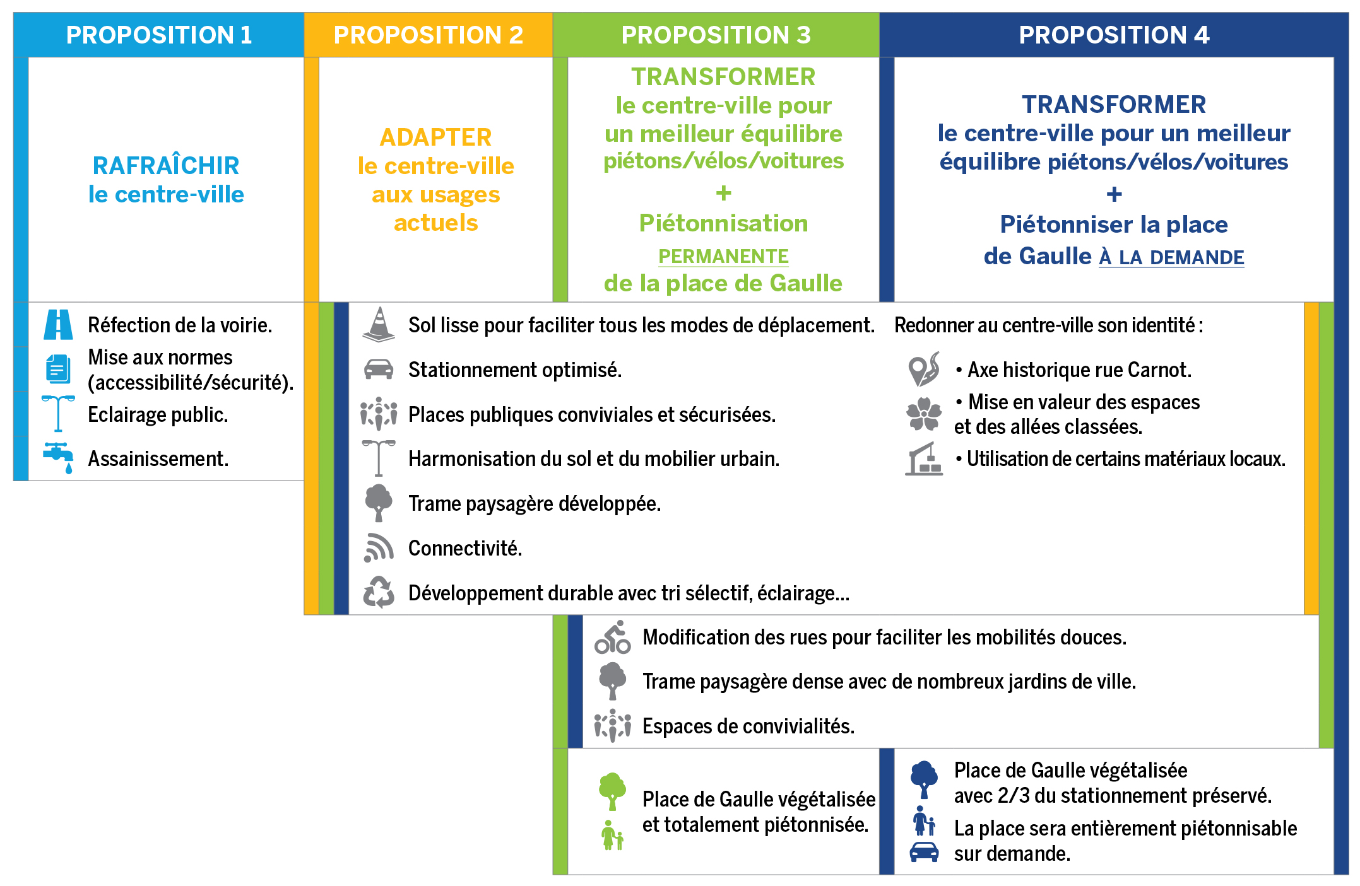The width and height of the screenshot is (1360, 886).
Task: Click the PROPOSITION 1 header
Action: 159,35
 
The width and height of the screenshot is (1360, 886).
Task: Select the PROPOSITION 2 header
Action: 429,35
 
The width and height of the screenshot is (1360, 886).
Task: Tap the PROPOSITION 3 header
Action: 716,35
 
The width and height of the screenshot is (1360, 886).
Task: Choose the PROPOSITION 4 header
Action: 1115,35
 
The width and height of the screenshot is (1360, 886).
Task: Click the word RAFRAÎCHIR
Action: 166,165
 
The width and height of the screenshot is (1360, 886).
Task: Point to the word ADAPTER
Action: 435,137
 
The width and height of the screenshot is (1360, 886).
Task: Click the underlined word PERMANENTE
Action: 723,256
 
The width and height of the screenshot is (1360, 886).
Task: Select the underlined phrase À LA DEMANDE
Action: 1172,257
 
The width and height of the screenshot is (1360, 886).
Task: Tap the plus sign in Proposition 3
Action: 724,193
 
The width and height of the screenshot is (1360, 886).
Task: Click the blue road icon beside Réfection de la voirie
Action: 58,325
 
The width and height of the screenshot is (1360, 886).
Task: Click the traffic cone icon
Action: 379,324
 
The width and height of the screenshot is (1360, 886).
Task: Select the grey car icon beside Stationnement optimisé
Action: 379,369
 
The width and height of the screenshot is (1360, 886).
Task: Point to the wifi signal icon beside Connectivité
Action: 379,547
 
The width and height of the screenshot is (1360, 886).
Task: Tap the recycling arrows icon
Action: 379,592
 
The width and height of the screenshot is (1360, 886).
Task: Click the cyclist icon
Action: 613,637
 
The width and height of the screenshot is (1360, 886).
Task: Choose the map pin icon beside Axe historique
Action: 924,369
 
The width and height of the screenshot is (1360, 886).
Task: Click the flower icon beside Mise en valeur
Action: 924,414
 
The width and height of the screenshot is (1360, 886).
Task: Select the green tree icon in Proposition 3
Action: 612,791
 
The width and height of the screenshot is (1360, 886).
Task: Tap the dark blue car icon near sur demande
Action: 924,852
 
